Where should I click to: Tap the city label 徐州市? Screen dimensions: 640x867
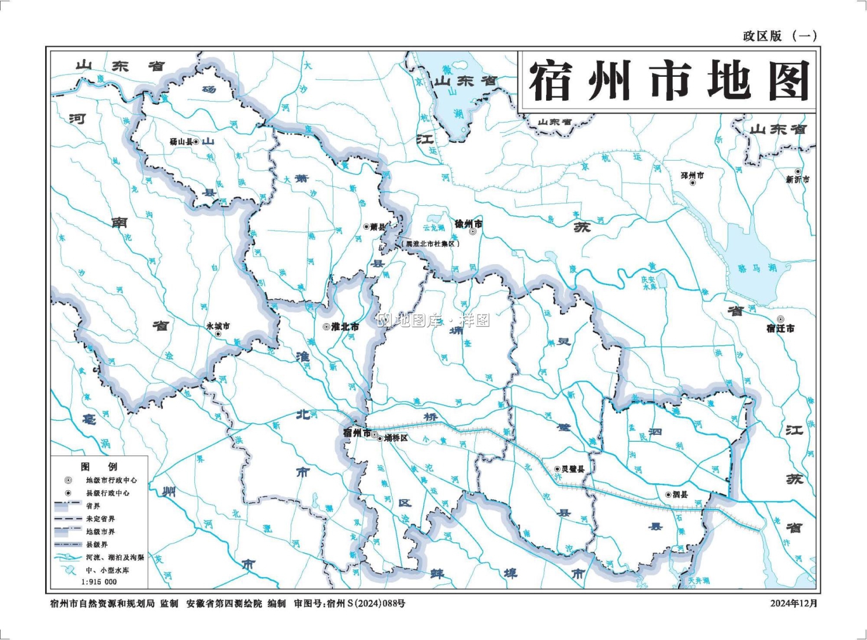[468, 224]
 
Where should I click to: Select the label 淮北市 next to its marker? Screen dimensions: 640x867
[345, 327]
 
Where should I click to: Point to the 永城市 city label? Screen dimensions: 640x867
[218, 326]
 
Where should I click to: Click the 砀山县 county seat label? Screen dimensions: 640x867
[180, 142]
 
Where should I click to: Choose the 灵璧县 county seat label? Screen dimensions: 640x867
[573, 469]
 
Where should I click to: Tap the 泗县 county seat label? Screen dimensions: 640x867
[680, 494]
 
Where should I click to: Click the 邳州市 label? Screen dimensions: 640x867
[692, 175]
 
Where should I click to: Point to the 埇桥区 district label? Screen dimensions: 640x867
[397, 438]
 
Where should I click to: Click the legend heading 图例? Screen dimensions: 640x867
[99, 467]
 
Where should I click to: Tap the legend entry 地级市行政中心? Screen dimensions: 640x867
[112, 480]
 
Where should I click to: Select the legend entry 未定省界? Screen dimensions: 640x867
[100, 519]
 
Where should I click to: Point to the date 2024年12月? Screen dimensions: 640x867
[794, 603]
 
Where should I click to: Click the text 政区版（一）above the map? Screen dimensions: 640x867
[780, 36]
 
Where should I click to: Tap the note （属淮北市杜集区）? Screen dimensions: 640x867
[432, 244]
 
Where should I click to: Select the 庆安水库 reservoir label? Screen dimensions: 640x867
[649, 283]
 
